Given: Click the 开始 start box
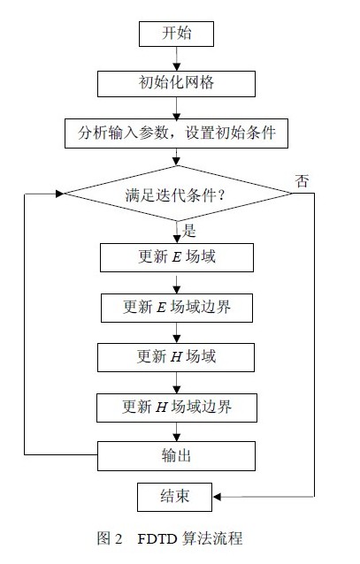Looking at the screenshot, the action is [x=176, y=34].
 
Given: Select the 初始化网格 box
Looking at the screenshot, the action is [x=176, y=83].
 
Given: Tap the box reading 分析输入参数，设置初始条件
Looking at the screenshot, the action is [x=176, y=133].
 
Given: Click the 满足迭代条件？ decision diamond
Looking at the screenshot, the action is [x=177, y=194].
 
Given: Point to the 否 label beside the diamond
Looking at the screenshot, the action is [x=302, y=181].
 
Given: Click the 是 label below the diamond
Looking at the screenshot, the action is [x=189, y=231].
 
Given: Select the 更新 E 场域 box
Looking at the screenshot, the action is [x=177, y=257].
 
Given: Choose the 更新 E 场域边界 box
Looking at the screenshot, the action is [x=177, y=308].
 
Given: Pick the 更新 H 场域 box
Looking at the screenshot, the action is [x=176, y=357].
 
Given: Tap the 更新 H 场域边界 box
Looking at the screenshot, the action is [x=177, y=408].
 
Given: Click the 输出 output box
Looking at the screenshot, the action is [x=176, y=456].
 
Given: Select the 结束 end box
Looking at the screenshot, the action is [x=174, y=497].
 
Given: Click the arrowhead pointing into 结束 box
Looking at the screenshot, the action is [x=217, y=497].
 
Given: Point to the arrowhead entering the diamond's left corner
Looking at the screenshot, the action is [x=59, y=194].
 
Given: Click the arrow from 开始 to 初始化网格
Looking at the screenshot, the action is [x=176, y=58].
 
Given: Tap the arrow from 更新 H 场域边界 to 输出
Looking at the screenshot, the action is [x=176, y=432].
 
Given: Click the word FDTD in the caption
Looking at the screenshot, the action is [x=157, y=539].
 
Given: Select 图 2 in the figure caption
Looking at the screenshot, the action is [x=110, y=538].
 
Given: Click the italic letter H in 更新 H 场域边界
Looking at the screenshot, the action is [x=162, y=408].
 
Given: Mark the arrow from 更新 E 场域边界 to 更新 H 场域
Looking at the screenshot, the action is [x=176, y=332].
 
